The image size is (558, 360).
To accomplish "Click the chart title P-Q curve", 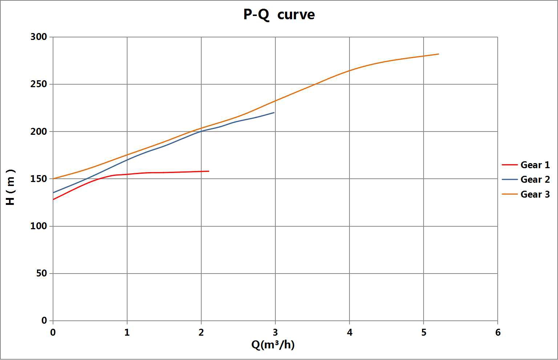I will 279,15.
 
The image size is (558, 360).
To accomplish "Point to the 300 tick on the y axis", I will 39,37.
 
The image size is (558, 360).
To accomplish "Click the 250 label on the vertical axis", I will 39,84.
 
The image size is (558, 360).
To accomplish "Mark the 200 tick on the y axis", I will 39,132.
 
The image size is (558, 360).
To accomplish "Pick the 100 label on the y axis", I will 39,226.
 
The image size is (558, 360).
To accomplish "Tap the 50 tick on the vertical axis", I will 41,273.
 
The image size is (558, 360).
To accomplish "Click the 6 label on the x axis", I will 498,332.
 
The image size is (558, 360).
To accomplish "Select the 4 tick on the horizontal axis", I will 349,332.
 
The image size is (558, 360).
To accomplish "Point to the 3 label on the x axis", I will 275,332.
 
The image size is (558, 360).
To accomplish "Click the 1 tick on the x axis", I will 127,332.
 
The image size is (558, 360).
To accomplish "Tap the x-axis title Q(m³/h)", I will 273,344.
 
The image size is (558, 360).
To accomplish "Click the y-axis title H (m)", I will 11,187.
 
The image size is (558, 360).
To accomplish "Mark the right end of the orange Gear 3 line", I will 439,54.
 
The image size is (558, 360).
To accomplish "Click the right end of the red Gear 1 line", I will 209,171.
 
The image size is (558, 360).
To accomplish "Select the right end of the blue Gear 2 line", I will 274,113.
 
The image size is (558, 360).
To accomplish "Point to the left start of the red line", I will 53,199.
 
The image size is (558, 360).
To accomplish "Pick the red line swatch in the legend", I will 509,165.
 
